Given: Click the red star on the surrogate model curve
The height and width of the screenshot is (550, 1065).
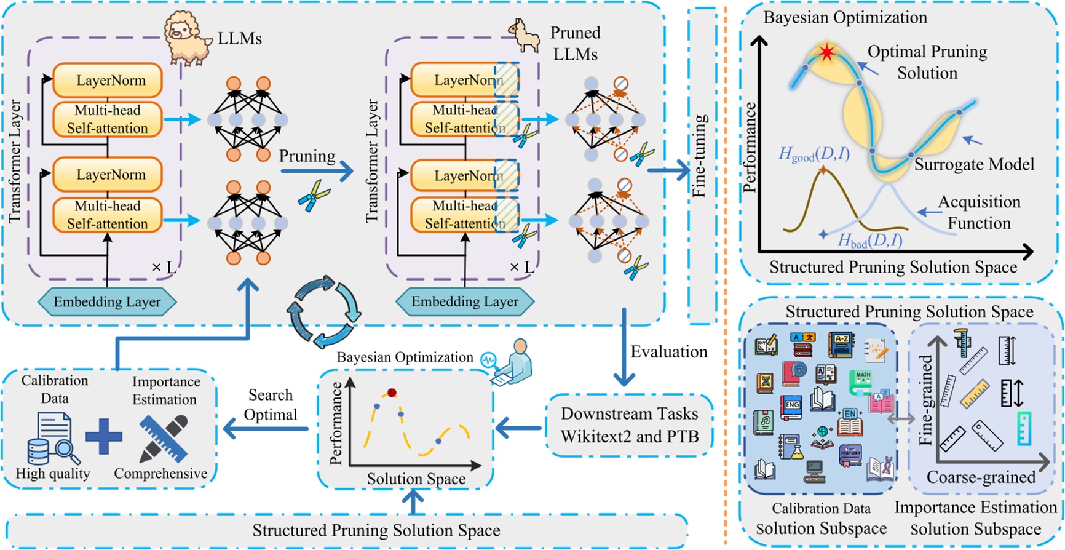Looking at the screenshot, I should click(827, 52).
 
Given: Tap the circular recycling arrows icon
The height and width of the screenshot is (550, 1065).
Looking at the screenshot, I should click(323, 311).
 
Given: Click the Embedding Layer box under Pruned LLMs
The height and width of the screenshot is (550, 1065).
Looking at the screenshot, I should click(465, 302).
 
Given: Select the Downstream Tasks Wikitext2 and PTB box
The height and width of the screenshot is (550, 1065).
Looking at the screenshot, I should click(629, 425).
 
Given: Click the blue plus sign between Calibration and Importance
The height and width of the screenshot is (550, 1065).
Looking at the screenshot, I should click(104, 436).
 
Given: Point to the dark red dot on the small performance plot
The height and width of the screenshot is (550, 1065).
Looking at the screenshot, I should click(392, 393).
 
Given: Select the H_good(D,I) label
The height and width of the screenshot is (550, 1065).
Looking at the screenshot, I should click(814, 154).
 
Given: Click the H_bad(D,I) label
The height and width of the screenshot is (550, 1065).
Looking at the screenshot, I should click(869, 241).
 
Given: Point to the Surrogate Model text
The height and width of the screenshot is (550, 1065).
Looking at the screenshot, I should click(974, 165).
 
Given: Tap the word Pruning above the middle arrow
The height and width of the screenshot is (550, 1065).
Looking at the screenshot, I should click(307, 156).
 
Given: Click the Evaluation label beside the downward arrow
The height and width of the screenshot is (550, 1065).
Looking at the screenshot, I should click(669, 352).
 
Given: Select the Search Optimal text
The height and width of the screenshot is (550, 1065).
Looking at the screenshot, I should click(271, 405).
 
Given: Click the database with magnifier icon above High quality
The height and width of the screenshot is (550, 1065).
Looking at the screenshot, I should click(52, 439).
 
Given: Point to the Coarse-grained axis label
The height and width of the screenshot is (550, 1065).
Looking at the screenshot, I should click(981, 477).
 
